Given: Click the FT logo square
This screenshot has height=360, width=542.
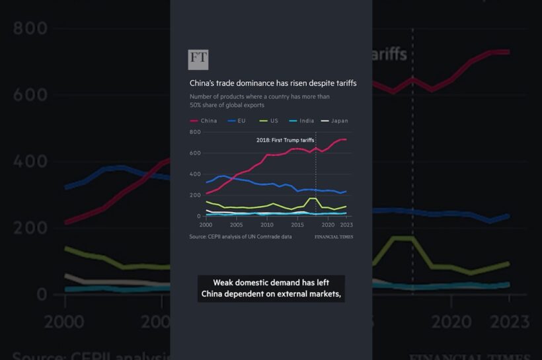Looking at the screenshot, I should tap(198, 59).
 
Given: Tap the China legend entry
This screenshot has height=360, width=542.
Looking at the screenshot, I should tap(204, 121).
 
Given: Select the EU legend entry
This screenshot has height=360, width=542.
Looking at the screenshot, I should tap(237, 121).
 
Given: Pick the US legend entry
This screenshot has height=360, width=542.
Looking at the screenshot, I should tap(270, 121).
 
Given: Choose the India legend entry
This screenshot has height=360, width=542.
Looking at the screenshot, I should tap(302, 121).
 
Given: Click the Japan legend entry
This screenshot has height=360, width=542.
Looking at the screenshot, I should tap(335, 121).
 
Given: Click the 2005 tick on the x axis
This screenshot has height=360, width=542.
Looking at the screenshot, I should tap(237, 225).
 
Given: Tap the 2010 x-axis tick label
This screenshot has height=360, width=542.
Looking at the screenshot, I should tap(267, 225).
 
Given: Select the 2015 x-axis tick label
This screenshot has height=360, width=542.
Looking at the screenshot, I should tap(297, 225).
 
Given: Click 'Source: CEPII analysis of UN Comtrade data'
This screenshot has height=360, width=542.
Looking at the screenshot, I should tap(240, 236).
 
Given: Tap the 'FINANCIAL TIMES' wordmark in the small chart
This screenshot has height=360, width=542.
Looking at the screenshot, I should tap(334, 236).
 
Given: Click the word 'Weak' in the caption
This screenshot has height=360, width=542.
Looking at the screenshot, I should tap(219, 283).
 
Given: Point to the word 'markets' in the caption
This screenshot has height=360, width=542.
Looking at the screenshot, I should tap(326, 295).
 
